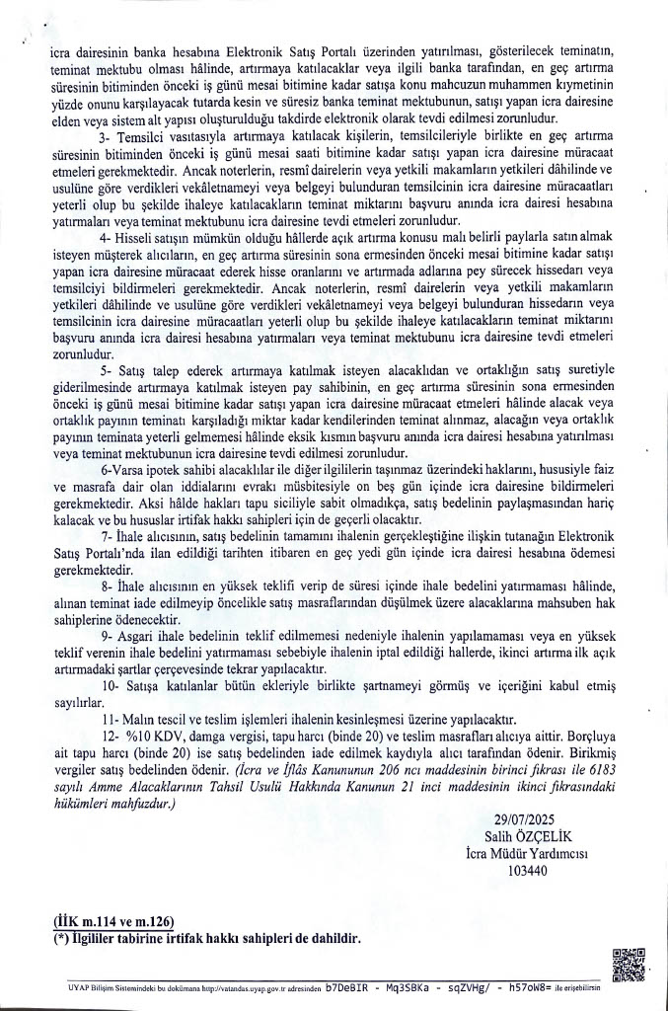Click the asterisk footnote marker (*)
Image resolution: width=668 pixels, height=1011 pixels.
[x=61, y=936]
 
